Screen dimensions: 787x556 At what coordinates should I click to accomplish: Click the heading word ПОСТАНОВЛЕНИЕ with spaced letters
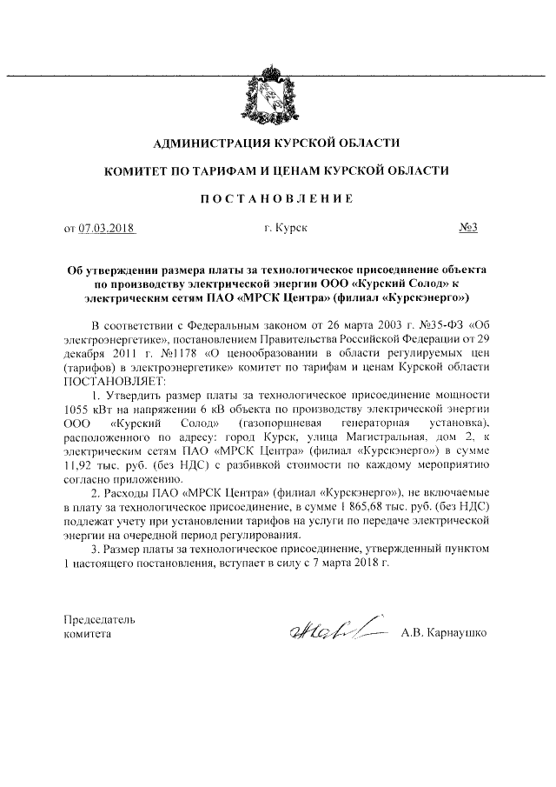coord(277,199)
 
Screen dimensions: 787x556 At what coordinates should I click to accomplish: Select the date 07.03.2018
coord(109,229)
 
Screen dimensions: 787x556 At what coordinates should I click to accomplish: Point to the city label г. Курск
coord(284,229)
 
